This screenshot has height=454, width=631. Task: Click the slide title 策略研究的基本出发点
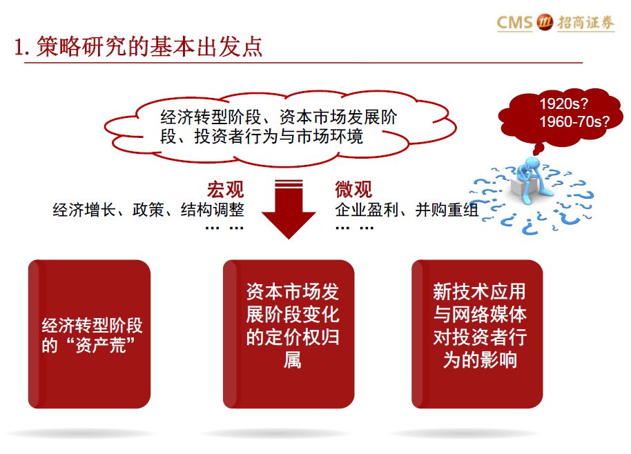[x=149, y=47]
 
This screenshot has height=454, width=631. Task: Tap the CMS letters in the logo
[x=515, y=23]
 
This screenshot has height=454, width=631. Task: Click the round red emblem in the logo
[x=545, y=22]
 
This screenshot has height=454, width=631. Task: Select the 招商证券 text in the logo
[x=585, y=23]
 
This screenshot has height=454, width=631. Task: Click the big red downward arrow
[x=289, y=209]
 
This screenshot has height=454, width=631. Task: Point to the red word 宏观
[x=225, y=190]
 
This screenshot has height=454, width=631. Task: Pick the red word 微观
[x=353, y=190]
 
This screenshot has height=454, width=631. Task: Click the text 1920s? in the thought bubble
[x=563, y=103]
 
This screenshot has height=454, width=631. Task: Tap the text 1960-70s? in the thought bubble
[x=574, y=121]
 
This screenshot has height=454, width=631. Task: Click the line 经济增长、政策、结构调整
[x=148, y=210]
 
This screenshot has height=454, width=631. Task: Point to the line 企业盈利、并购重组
[x=407, y=210]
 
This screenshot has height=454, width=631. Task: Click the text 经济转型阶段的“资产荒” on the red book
[x=92, y=335]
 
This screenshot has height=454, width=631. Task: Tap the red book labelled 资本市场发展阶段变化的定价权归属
[x=289, y=334]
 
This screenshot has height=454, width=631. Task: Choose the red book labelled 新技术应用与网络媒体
[x=477, y=334]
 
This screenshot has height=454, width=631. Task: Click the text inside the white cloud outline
[x=278, y=127]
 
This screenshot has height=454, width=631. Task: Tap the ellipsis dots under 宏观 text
[x=224, y=228]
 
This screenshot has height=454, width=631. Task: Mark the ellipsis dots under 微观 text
[x=355, y=228]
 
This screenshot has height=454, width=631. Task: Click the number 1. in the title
[x=21, y=48]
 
